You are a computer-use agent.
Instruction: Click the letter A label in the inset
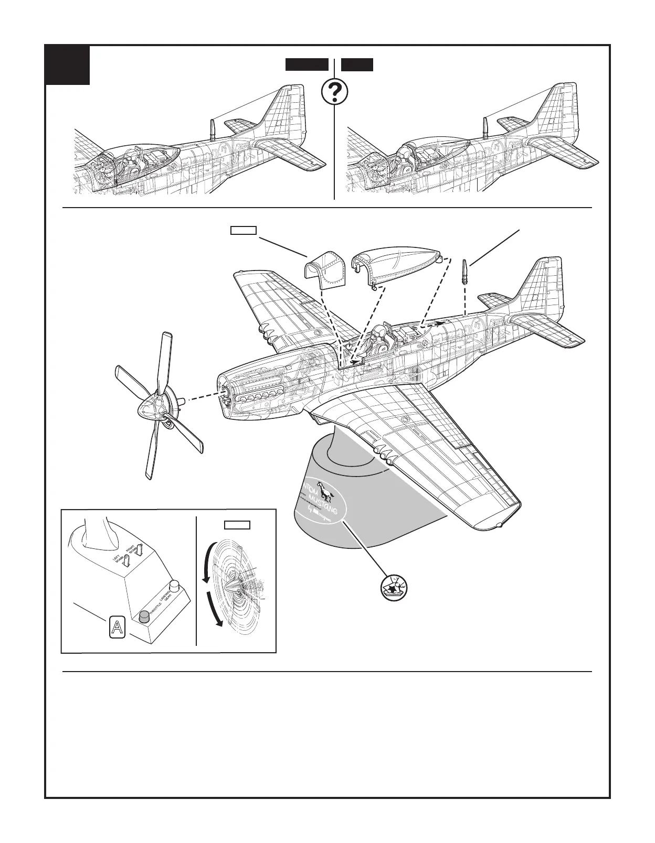tap(116, 627)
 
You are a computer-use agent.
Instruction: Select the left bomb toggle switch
tap(126, 561)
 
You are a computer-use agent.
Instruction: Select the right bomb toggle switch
tap(140, 551)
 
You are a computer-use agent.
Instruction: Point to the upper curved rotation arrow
tap(207, 564)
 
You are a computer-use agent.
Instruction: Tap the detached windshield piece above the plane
tap(324, 268)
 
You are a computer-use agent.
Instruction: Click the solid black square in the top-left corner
tap(67, 66)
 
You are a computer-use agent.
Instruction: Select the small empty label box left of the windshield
tap(244, 230)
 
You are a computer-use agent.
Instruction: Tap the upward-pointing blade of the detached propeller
tap(164, 362)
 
